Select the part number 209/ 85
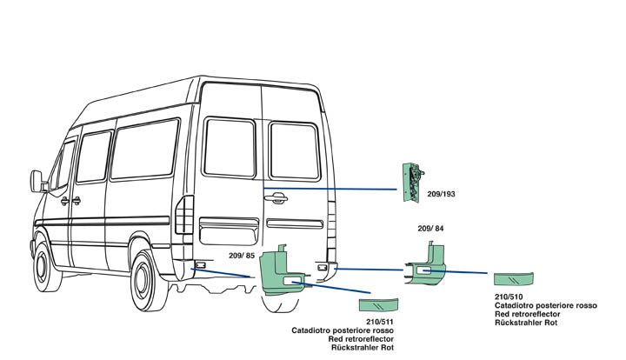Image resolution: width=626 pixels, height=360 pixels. point(242,256)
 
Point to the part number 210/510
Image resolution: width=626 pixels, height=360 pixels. point(508,297)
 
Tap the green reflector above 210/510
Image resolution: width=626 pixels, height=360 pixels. point(513,279)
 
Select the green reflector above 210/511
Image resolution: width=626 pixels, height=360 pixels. point(378,304)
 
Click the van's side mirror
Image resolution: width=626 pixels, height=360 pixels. point(37,182)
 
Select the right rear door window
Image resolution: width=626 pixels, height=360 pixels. point(294,151)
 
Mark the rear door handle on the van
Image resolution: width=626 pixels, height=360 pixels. point(277,198)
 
